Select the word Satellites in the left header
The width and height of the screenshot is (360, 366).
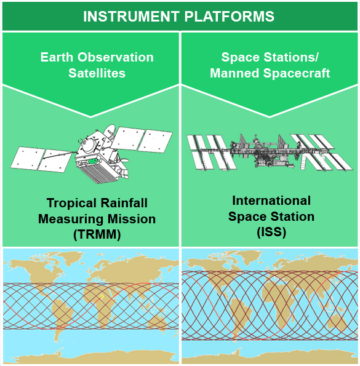[x=97, y=73]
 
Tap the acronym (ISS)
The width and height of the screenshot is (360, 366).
[x=271, y=231]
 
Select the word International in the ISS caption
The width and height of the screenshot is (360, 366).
[x=271, y=201]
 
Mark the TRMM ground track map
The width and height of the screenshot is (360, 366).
[x=90, y=306]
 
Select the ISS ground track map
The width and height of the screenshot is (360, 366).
[x=270, y=307]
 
